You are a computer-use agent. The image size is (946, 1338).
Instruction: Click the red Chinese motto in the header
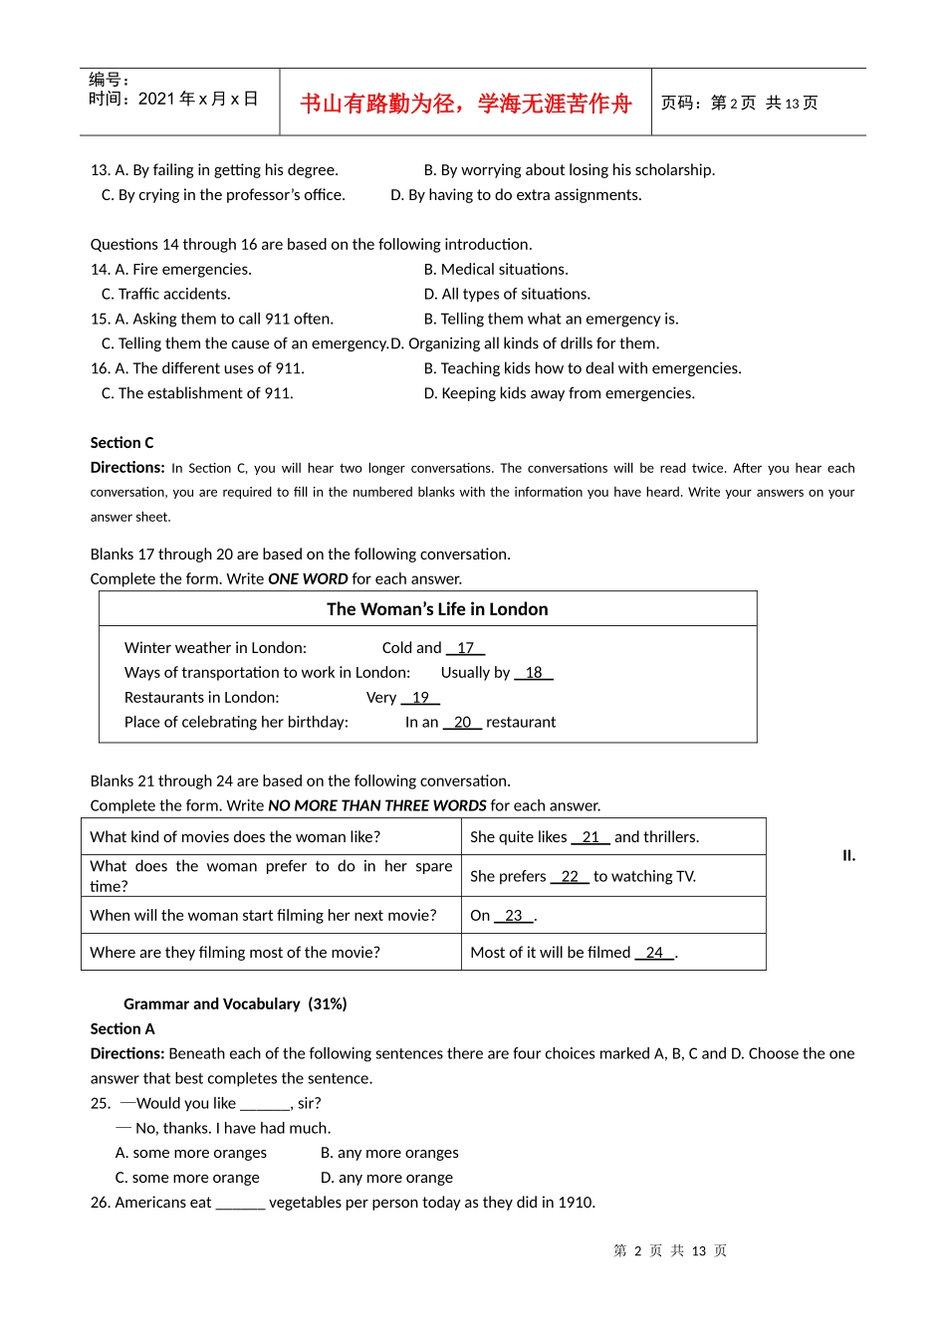click(465, 104)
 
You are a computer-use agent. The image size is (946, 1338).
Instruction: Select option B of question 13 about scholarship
click(569, 170)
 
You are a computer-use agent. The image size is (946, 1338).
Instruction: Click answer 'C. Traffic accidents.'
click(165, 294)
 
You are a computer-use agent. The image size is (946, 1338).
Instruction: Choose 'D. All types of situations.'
click(507, 294)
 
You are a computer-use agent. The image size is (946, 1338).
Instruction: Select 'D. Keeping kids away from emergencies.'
click(559, 393)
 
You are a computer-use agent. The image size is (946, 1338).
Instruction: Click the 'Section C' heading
click(121, 443)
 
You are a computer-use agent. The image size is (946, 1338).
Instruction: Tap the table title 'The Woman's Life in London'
click(437, 609)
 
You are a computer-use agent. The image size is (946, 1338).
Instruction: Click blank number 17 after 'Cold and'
click(465, 648)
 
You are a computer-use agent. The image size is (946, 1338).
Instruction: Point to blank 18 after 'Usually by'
click(534, 673)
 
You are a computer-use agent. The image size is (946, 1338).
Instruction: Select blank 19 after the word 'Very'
click(420, 698)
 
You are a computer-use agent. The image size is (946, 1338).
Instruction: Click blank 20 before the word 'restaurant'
click(462, 723)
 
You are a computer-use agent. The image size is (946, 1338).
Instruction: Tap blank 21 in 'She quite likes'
click(591, 837)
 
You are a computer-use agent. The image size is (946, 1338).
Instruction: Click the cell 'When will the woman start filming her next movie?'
click(263, 916)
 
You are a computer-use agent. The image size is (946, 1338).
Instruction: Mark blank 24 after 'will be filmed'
click(654, 953)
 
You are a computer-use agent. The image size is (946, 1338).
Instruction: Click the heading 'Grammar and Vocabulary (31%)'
click(235, 1003)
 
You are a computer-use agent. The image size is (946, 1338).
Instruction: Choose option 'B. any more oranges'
click(389, 1153)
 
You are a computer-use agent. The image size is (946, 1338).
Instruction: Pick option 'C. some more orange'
click(187, 1178)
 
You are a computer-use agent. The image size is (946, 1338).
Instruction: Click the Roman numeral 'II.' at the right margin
click(848, 855)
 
